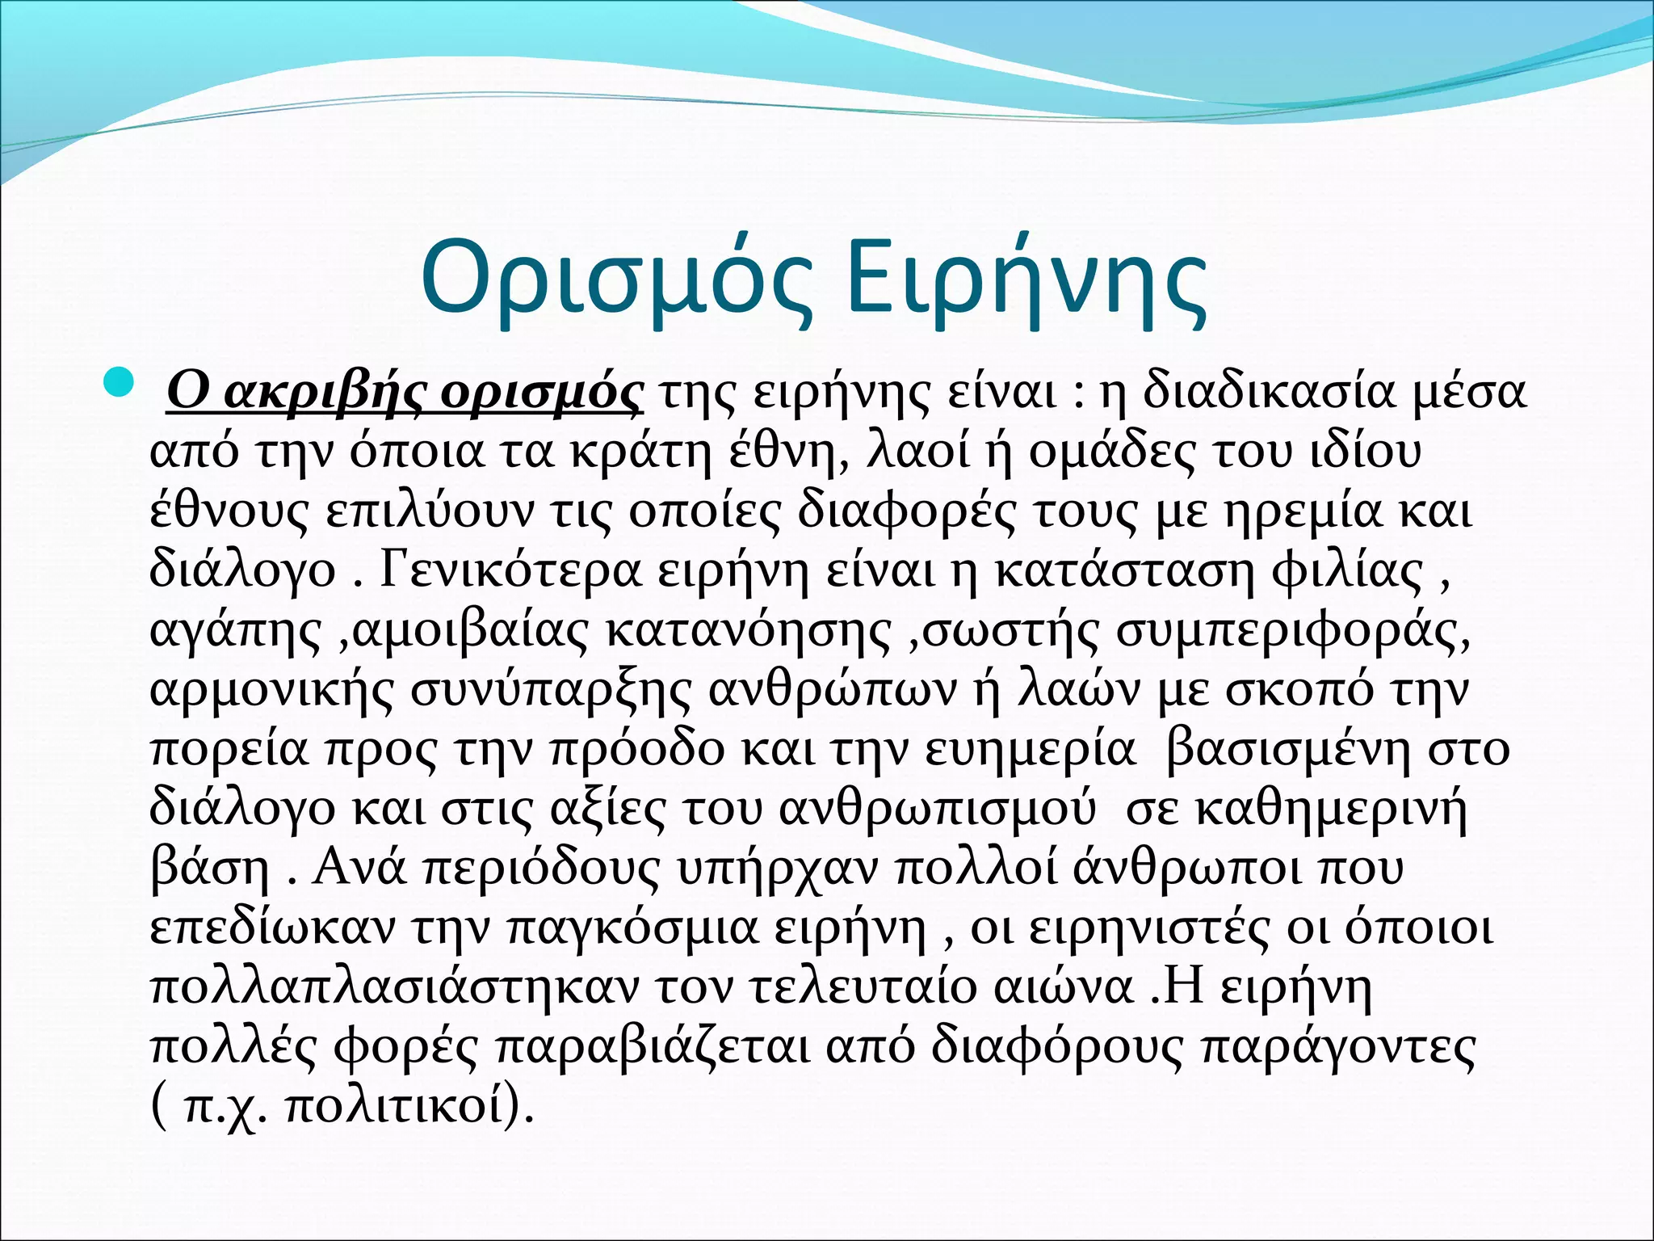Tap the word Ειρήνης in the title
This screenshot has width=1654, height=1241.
[x=1026, y=279]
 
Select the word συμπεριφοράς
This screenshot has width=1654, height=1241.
[x=1292, y=631]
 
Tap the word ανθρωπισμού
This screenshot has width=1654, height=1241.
[x=938, y=809]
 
